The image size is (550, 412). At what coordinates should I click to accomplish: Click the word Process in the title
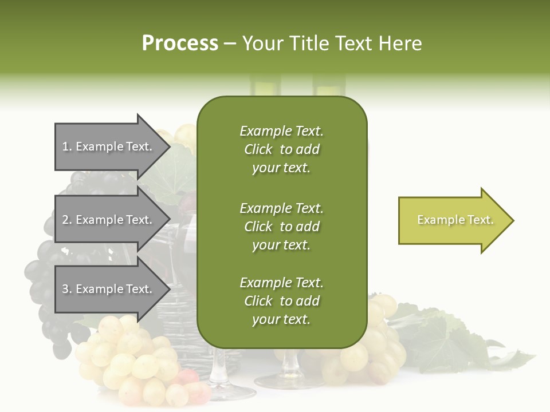click(x=180, y=43)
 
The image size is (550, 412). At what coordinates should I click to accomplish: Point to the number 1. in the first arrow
click(x=66, y=146)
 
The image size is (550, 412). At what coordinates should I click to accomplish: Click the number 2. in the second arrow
click(x=66, y=220)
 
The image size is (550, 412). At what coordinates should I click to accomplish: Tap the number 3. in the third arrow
click(x=66, y=289)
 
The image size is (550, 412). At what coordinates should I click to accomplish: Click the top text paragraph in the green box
click(x=281, y=149)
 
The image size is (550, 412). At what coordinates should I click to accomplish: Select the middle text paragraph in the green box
click(x=281, y=227)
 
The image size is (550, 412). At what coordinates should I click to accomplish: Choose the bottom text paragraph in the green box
click(x=281, y=301)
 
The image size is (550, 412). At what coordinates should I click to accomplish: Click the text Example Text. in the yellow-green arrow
click(x=455, y=220)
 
